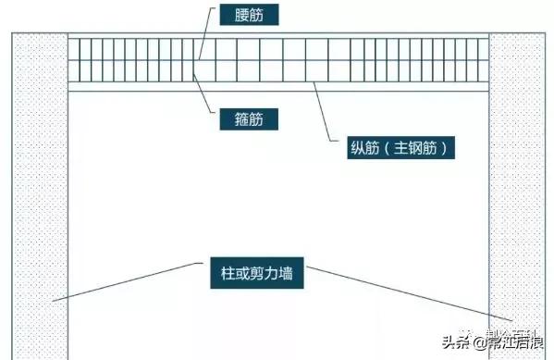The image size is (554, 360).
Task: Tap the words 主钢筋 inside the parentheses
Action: (412, 145)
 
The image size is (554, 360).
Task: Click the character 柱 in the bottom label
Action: (228, 272)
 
